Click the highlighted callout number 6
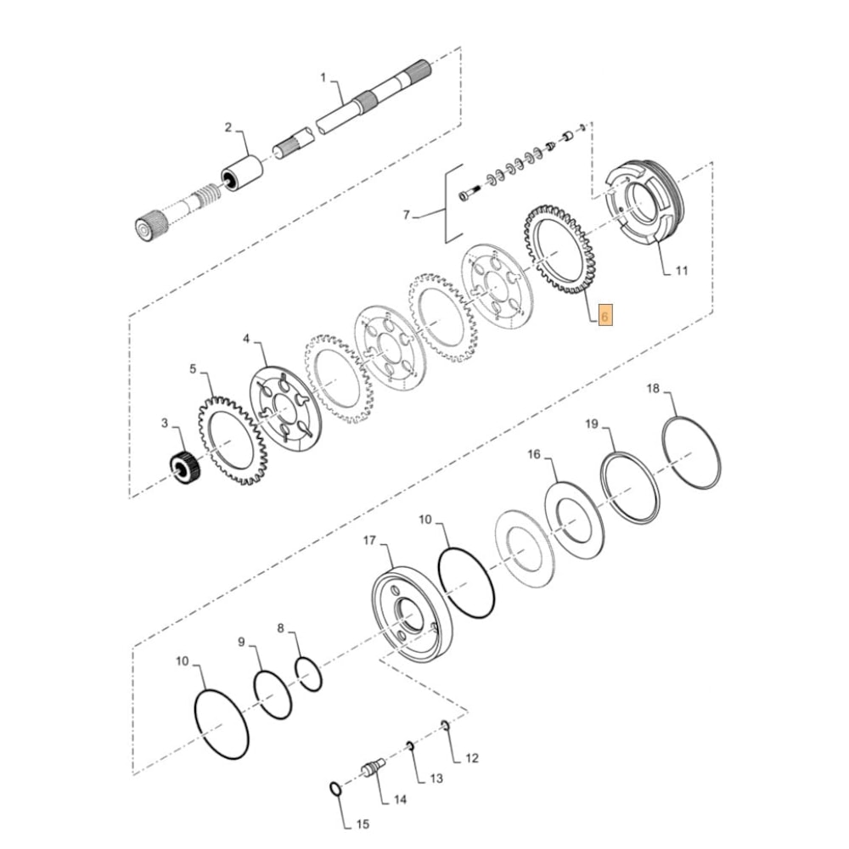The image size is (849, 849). [604, 315]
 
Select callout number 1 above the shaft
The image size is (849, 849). [323, 77]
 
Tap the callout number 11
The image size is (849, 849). [682, 272]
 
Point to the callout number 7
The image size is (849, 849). [407, 216]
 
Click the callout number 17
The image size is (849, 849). [369, 540]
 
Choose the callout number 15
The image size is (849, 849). [363, 824]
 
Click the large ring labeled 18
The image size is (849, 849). [692, 450]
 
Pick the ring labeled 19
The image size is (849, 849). [630, 488]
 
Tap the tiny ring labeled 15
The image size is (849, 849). [337, 790]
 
